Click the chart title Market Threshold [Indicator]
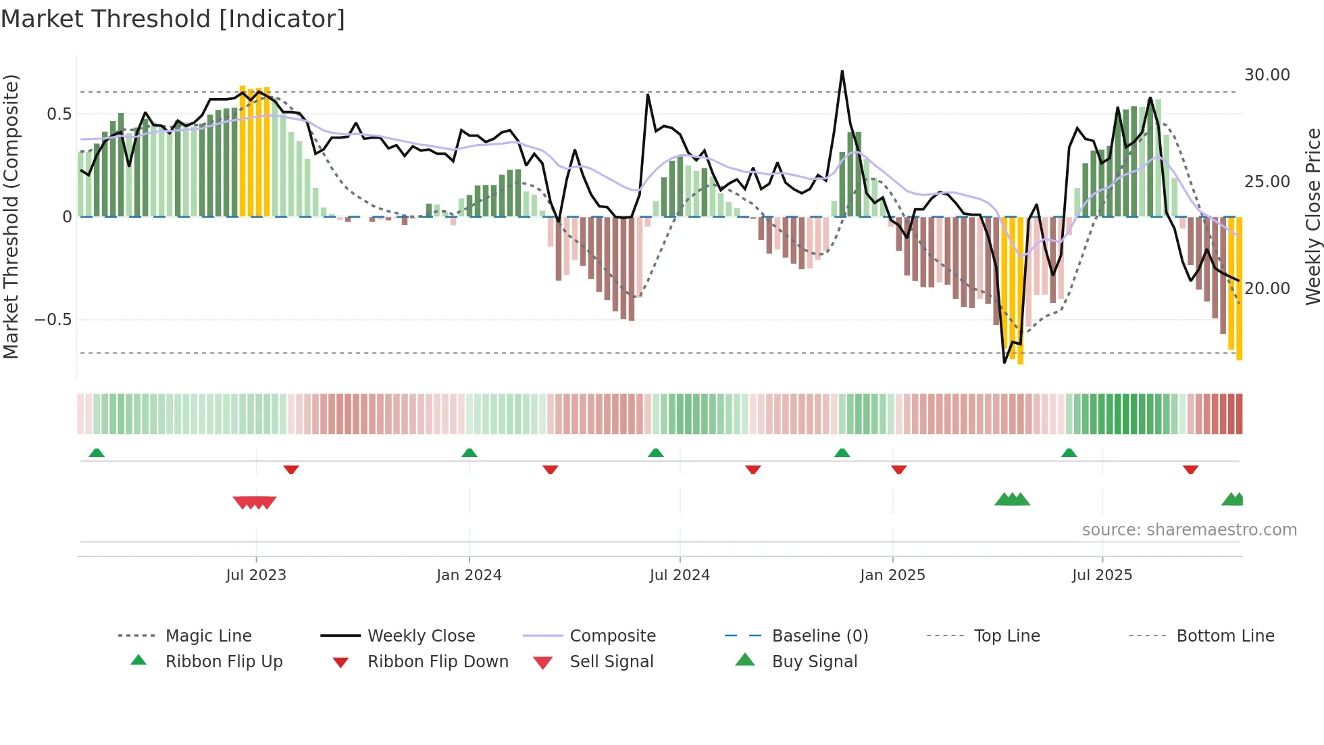173,19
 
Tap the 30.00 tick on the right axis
1267,75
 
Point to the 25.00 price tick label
1267,182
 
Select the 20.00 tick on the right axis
1267,289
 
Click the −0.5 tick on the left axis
53,320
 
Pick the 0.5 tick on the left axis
59,114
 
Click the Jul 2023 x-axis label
256,575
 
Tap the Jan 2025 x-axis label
892,575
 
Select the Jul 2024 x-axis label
680,575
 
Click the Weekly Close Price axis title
1313,216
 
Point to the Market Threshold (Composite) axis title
11,216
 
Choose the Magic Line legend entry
208,636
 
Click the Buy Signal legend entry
814,662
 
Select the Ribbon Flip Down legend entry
437,662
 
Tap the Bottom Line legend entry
1225,636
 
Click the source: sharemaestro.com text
1189,530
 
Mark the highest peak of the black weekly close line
842,72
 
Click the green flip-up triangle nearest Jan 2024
469,453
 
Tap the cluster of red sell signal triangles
255,502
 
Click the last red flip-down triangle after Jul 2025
1190,469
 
